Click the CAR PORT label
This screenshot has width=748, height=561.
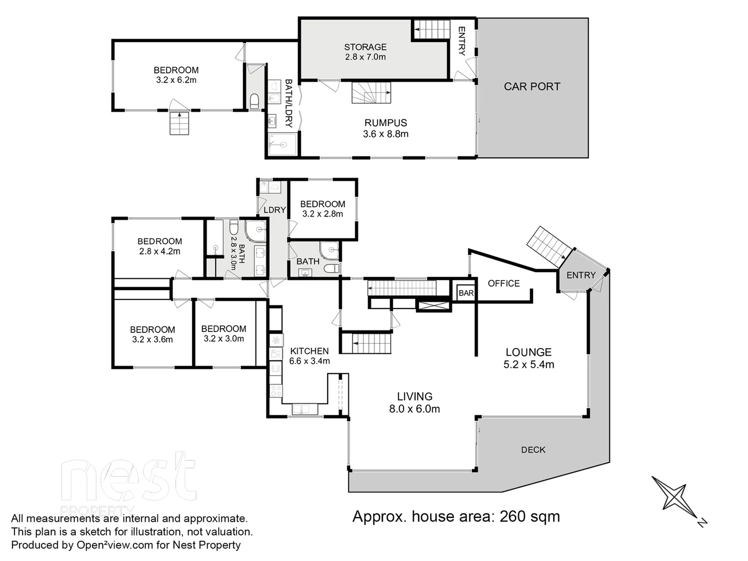click(x=532, y=87)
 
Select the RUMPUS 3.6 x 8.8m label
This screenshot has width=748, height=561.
click(x=385, y=128)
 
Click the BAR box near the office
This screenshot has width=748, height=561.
click(x=466, y=293)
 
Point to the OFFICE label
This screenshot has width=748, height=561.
click(x=503, y=283)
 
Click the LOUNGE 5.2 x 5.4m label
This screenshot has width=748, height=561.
click(x=528, y=358)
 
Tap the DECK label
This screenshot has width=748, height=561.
click(x=533, y=450)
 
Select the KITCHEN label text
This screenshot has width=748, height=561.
click(x=309, y=351)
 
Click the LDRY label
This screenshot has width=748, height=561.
click(x=275, y=210)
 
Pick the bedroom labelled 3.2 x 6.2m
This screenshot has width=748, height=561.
click(x=176, y=75)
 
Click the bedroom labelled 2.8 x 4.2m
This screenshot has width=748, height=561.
click(x=159, y=246)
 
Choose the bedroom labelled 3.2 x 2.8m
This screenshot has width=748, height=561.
click(x=323, y=209)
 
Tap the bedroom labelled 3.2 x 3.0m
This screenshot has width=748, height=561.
click(x=223, y=333)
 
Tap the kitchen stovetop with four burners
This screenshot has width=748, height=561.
click(x=275, y=390)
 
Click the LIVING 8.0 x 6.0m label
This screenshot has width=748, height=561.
click(x=414, y=403)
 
